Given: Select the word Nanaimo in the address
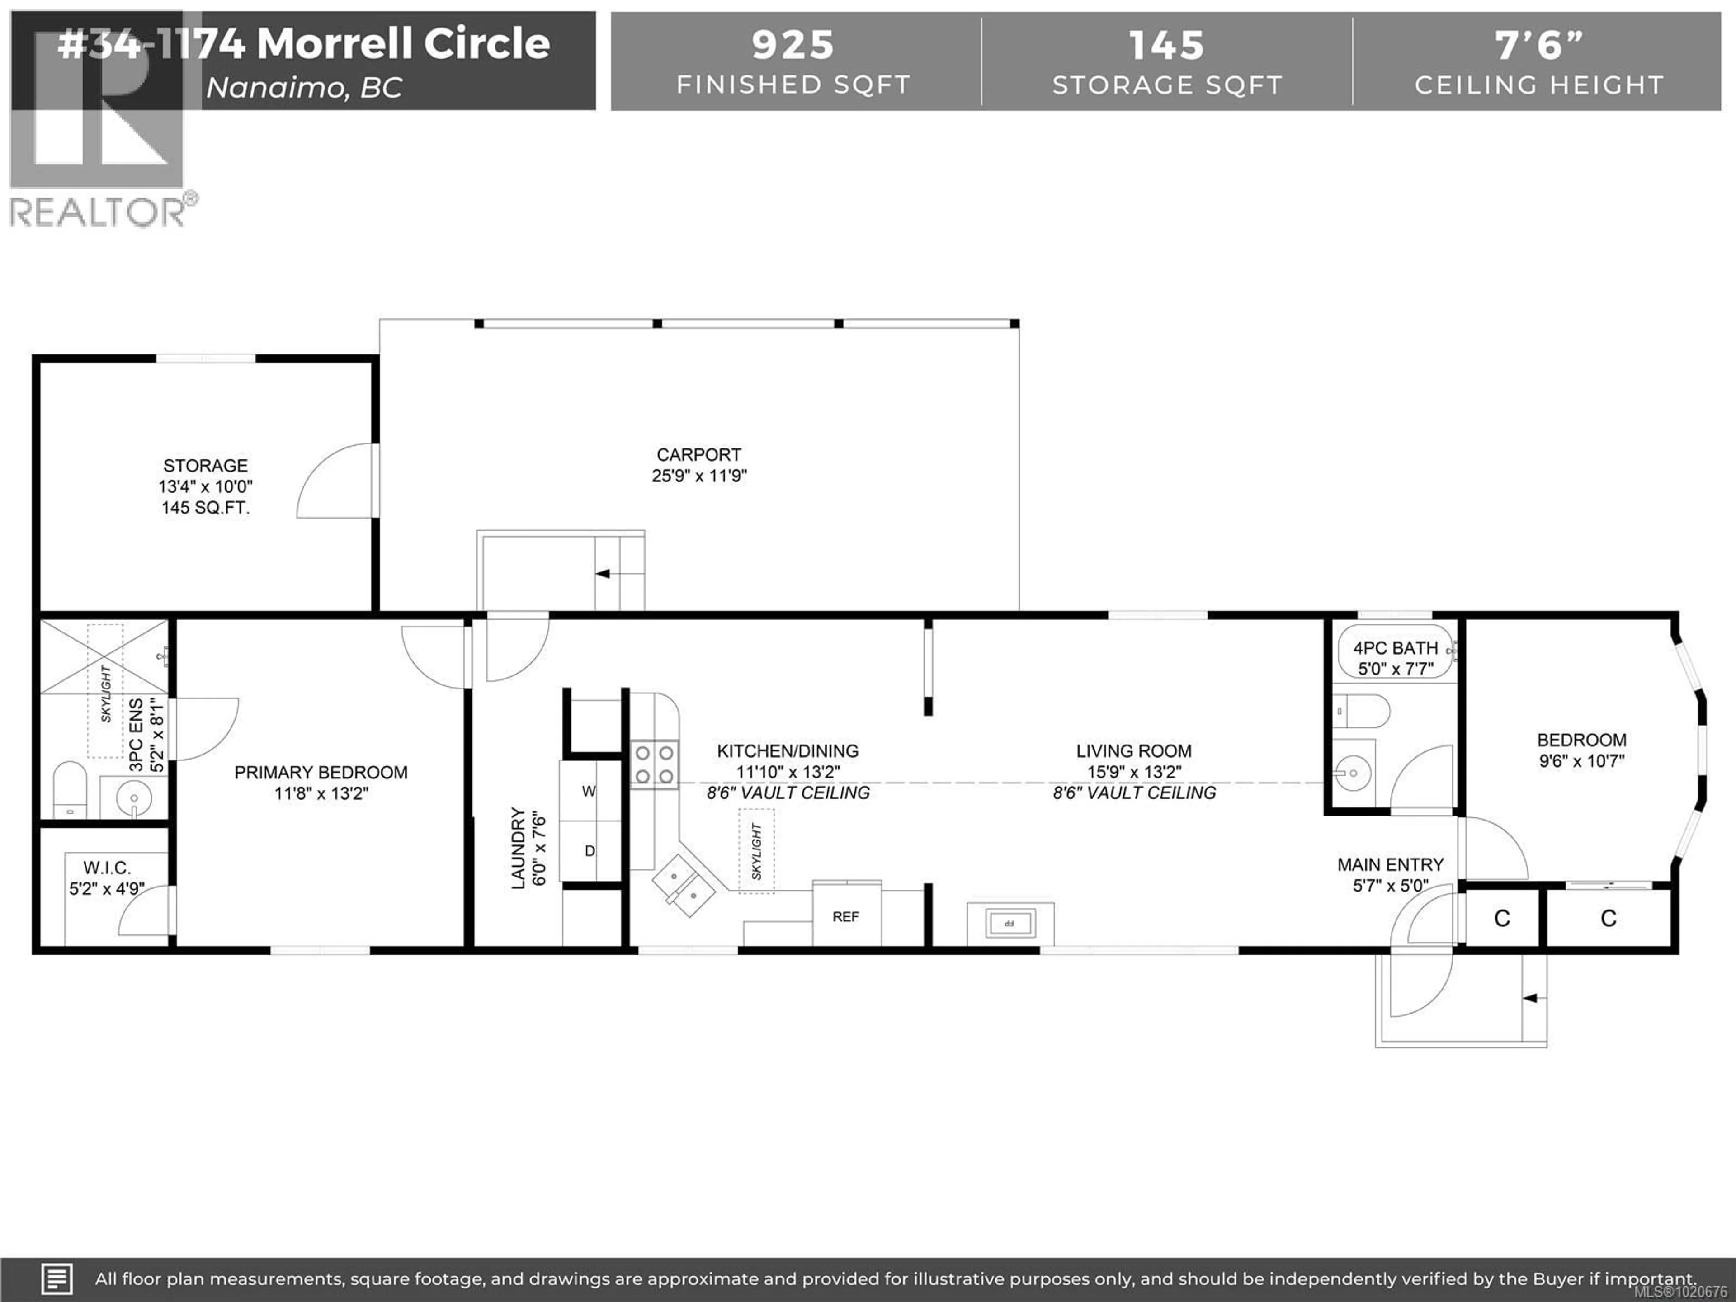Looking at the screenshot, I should pyautogui.click(x=275, y=88).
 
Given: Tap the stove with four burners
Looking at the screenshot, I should pyautogui.click(x=655, y=764).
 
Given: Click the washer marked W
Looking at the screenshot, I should pyautogui.click(x=589, y=791).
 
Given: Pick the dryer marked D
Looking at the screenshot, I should pyautogui.click(x=590, y=851).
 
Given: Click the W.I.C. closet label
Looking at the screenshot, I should pyautogui.click(x=107, y=867).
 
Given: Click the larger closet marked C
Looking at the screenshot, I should pyautogui.click(x=1608, y=918).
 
